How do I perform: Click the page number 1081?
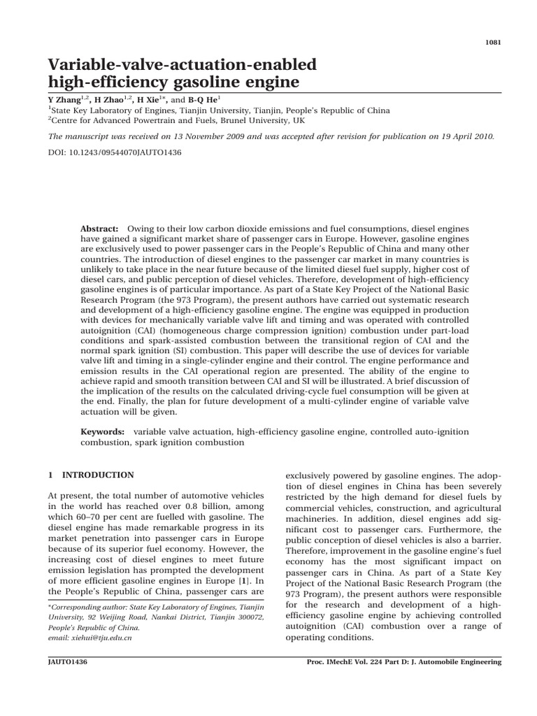493,41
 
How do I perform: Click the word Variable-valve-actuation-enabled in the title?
182,65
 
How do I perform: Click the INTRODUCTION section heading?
98,475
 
